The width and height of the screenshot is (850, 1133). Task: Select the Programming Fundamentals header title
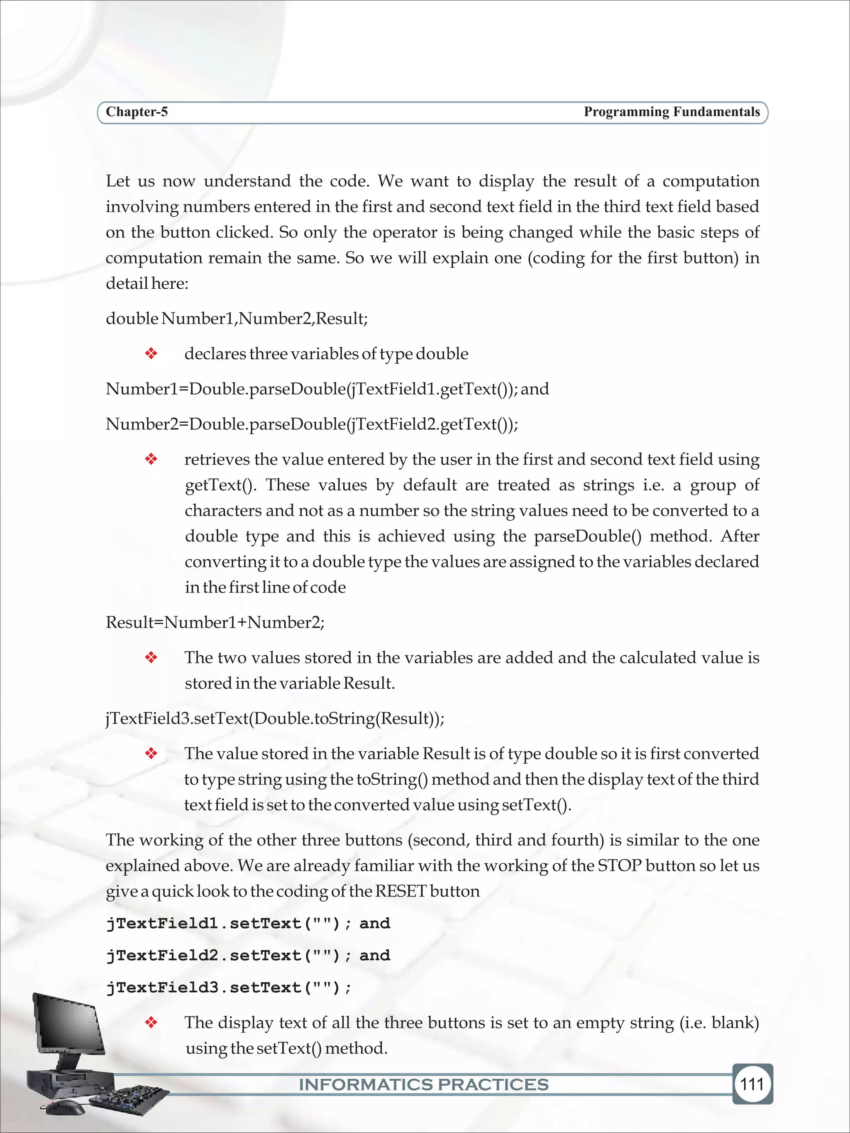(x=672, y=112)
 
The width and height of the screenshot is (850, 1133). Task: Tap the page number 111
(x=752, y=1084)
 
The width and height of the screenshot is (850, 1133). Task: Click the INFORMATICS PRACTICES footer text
(x=424, y=1084)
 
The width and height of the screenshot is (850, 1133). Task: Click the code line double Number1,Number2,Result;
(x=237, y=319)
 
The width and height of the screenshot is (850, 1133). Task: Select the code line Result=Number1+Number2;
(x=215, y=622)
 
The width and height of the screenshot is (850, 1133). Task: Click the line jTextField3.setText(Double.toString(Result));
(x=275, y=718)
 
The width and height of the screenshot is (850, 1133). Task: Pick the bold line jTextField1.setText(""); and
(x=248, y=923)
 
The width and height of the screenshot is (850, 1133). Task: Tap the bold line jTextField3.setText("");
(x=229, y=987)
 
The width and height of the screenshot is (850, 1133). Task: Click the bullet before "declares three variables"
(x=151, y=353)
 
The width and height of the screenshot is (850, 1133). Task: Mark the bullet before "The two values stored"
(x=151, y=658)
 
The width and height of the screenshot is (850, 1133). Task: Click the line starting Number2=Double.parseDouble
(x=312, y=424)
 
